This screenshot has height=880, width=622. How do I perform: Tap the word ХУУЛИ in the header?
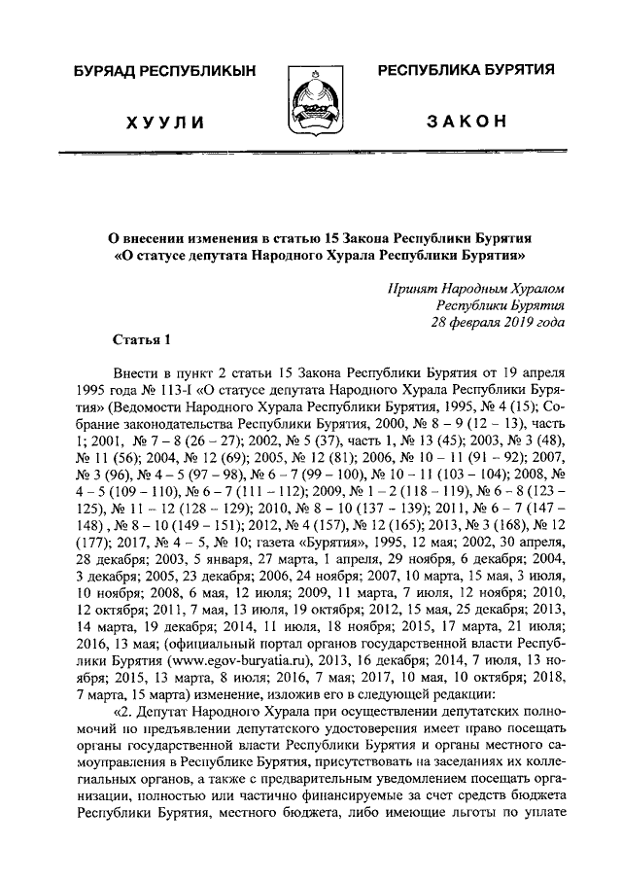pyautogui.click(x=166, y=121)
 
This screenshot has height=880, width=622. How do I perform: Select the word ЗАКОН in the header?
pyautogui.click(x=466, y=120)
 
